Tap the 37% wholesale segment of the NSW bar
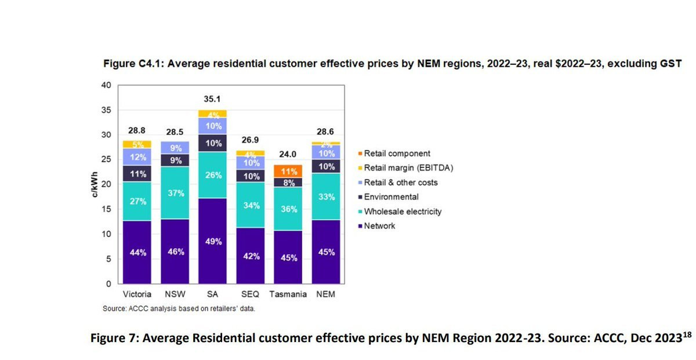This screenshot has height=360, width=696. click(x=176, y=193)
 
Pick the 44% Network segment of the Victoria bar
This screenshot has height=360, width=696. click(x=137, y=252)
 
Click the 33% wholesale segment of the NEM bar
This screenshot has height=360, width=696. click(x=326, y=197)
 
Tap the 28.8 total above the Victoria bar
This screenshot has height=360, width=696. click(x=137, y=131)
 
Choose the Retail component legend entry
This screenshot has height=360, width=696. click(x=397, y=154)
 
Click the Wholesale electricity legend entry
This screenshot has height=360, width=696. click(x=402, y=212)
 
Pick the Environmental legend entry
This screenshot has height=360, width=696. click(x=391, y=197)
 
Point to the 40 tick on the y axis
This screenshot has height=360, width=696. click(x=106, y=85)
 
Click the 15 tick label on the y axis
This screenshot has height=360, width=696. click(x=106, y=209)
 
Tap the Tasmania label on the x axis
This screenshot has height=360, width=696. click(x=288, y=294)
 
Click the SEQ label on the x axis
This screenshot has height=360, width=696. click(x=250, y=294)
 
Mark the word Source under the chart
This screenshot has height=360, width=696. click(x=114, y=308)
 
